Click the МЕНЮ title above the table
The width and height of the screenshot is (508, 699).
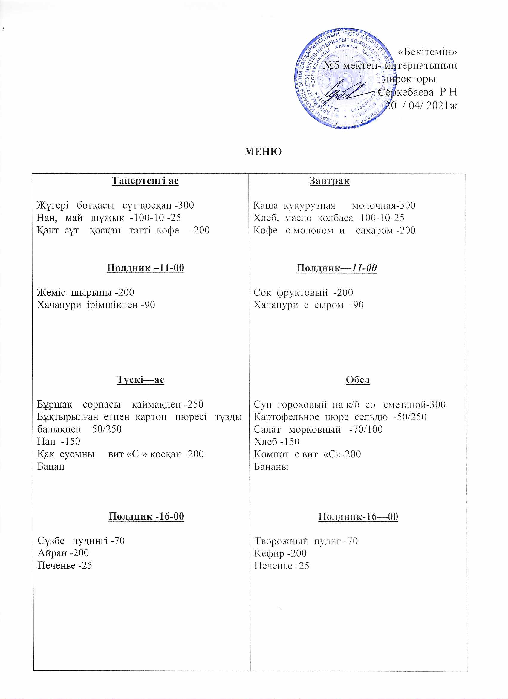(x=263, y=152)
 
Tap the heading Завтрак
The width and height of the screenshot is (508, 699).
(x=329, y=181)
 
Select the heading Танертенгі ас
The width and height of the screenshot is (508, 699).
(x=145, y=180)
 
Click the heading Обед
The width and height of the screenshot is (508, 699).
(x=357, y=380)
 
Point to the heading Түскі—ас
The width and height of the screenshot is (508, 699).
(x=140, y=379)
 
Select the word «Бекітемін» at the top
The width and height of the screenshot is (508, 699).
(x=428, y=52)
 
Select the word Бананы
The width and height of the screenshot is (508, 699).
(x=271, y=467)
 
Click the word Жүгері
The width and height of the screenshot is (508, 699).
(x=53, y=206)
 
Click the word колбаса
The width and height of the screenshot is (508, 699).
(x=335, y=218)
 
